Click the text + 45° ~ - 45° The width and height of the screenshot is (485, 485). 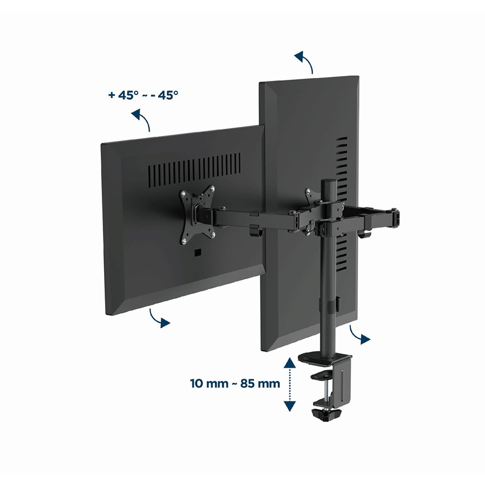point(143,95)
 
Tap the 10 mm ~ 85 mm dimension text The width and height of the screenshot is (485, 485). point(235,384)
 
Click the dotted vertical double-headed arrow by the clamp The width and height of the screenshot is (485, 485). point(289,384)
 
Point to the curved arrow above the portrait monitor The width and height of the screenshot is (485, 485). point(304,61)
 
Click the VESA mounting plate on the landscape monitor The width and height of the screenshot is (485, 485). point(197,214)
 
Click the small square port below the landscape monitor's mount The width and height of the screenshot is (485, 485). point(197,253)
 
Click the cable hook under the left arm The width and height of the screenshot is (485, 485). point(255,231)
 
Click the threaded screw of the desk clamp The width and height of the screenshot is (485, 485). point(326,392)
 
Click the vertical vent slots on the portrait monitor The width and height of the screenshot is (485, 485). point(342,204)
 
